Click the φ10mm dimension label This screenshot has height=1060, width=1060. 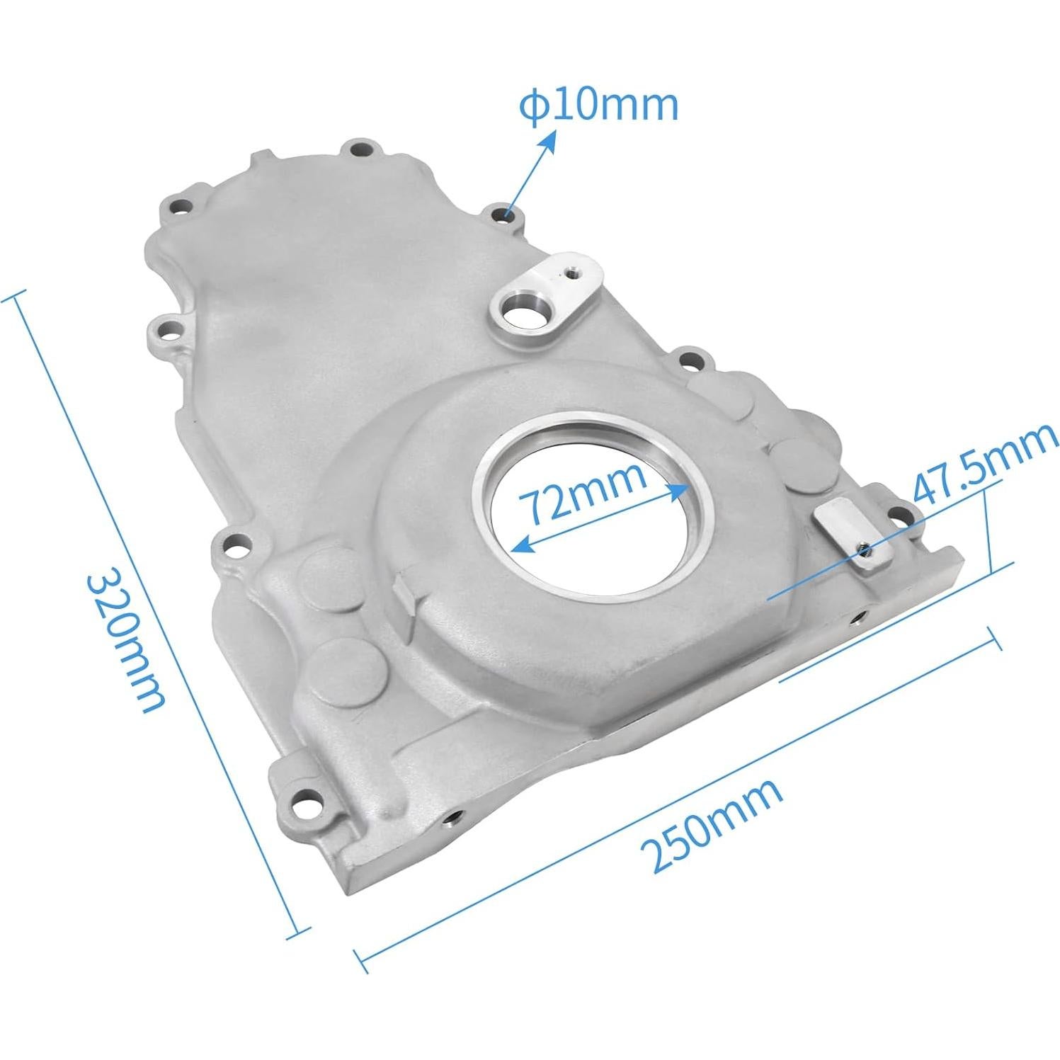(x=598, y=105)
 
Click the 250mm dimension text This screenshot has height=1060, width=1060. (x=711, y=824)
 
